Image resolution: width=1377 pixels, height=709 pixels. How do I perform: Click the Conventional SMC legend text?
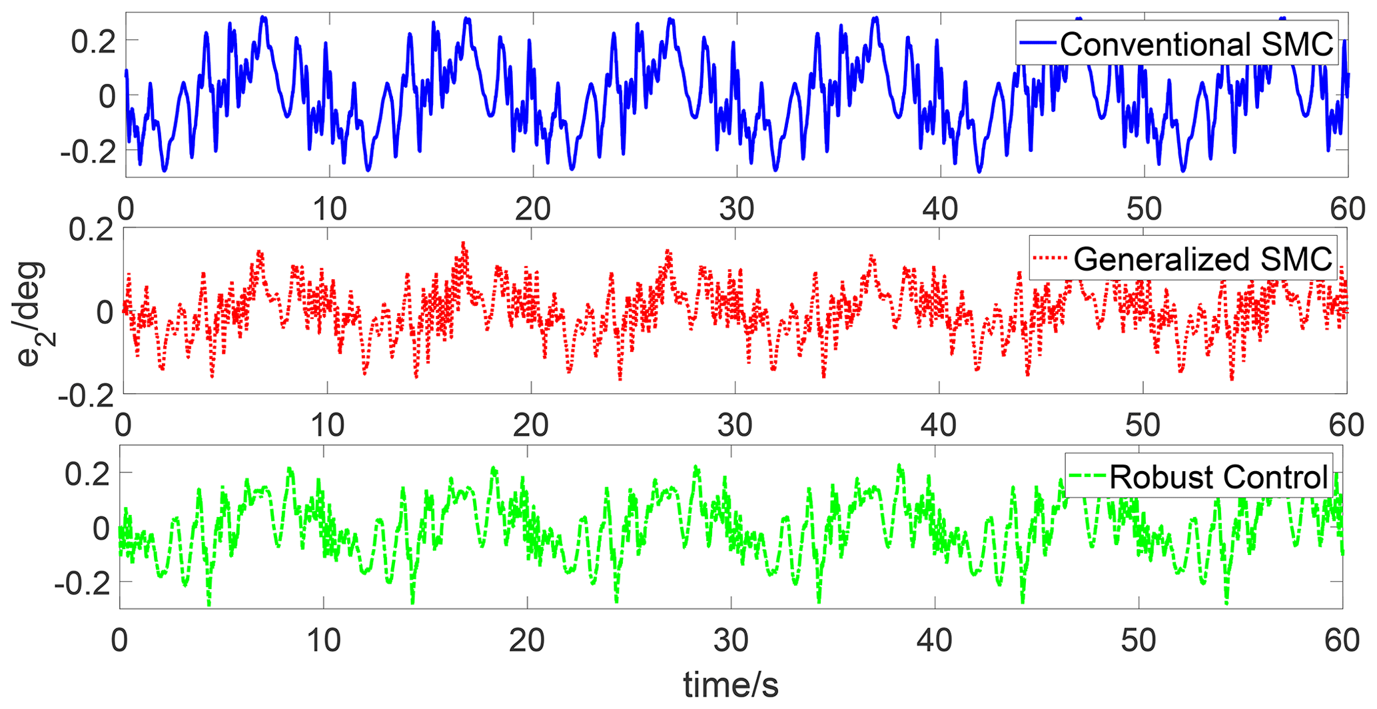pos(1196,44)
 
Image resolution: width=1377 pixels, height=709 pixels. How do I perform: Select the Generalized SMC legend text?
pos(1202,259)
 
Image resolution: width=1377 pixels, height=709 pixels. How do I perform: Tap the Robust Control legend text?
pos(1218,477)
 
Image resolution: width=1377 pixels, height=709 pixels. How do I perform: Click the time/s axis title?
pos(731,685)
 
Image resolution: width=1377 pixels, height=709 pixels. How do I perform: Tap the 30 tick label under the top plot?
pos(736,209)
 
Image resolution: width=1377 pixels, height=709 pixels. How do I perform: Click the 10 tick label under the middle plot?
pos(327,424)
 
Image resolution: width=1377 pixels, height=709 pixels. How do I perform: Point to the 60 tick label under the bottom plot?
pos(1341,640)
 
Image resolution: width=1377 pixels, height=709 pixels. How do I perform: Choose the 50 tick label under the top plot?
pos(1144,209)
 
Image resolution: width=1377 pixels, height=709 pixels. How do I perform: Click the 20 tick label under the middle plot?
pos(531,424)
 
